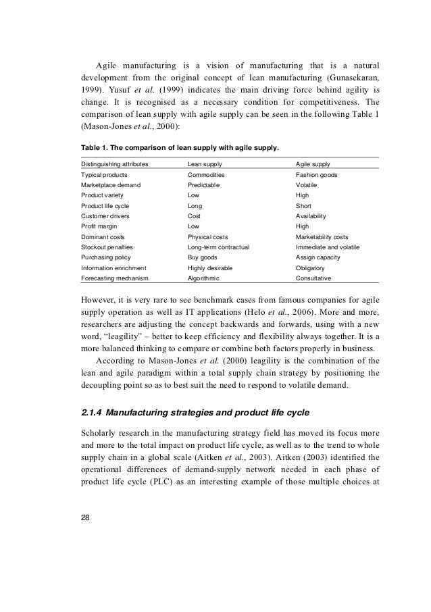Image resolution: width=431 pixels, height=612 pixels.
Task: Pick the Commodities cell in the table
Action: pyautogui.click(x=207, y=174)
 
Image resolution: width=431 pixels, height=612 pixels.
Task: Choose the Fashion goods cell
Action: pyautogui.click(x=318, y=174)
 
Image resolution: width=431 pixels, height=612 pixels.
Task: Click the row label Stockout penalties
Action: pyautogui.click(x=109, y=247)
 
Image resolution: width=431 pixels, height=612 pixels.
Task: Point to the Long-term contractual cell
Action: pyautogui.click(x=218, y=247)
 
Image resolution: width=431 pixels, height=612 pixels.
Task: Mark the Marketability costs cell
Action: pyautogui.click(x=322, y=237)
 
